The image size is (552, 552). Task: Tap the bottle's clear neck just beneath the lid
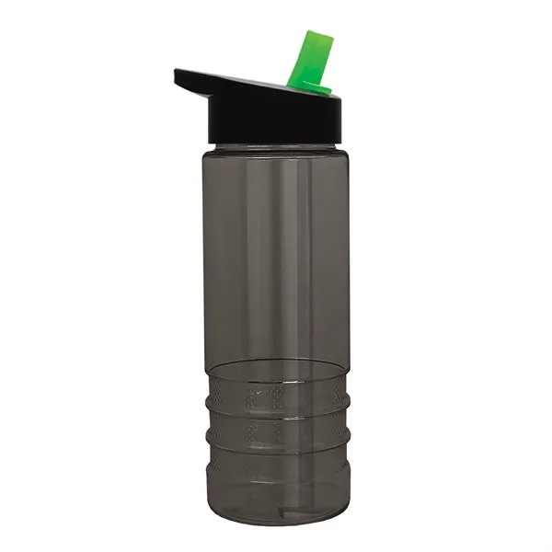(x=276, y=148)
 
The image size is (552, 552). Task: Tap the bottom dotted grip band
(x=276, y=469)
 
